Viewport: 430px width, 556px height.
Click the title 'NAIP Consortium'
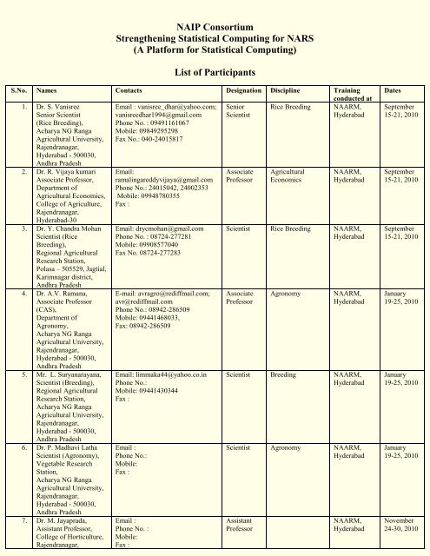pos(215,8)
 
